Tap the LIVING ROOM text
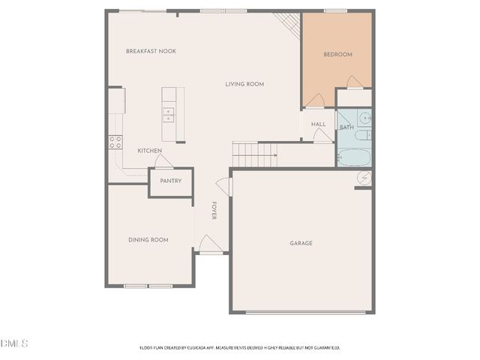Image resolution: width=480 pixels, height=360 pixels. [x=244, y=84]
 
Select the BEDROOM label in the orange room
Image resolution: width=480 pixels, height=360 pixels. [x=337, y=55]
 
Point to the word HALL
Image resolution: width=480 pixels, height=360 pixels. [x=318, y=124]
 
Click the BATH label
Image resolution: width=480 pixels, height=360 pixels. [x=346, y=127]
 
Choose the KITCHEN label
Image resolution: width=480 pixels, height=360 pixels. [x=149, y=151]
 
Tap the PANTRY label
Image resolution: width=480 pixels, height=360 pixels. [x=170, y=181]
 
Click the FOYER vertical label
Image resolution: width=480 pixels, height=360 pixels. [x=214, y=211]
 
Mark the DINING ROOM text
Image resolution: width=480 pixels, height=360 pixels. [x=148, y=240]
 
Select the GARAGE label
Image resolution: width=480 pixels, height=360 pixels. [x=301, y=243]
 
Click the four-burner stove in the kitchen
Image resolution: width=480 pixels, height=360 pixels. [x=115, y=142]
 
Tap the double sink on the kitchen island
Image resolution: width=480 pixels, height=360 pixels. [x=169, y=114]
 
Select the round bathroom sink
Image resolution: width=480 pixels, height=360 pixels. [x=364, y=118]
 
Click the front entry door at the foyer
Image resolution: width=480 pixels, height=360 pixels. [x=209, y=244]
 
